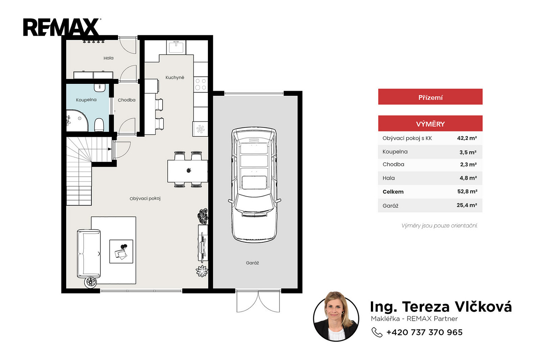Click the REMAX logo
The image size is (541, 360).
point(62,27)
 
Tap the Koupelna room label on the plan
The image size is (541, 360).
point(86,100)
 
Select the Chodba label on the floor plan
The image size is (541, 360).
point(127,100)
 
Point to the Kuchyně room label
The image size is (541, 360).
point(175,77)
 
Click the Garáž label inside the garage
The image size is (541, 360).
point(253,263)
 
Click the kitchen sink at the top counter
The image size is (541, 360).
point(176,47)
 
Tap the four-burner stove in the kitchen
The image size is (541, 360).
point(201,84)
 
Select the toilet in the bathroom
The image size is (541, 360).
point(99,125)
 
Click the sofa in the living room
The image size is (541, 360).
point(88,253)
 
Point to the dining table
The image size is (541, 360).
point(188,171)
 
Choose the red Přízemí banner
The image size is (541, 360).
point(430,97)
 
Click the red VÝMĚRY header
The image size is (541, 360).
point(430,123)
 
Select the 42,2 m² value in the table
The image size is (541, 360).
point(467,138)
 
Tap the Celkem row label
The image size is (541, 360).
point(393,192)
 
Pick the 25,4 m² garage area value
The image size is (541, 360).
point(467,205)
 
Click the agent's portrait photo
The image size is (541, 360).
point(336,317)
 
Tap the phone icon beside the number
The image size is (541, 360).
point(377,332)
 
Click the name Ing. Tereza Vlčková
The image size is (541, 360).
point(441,307)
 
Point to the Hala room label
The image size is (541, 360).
point(108,58)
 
